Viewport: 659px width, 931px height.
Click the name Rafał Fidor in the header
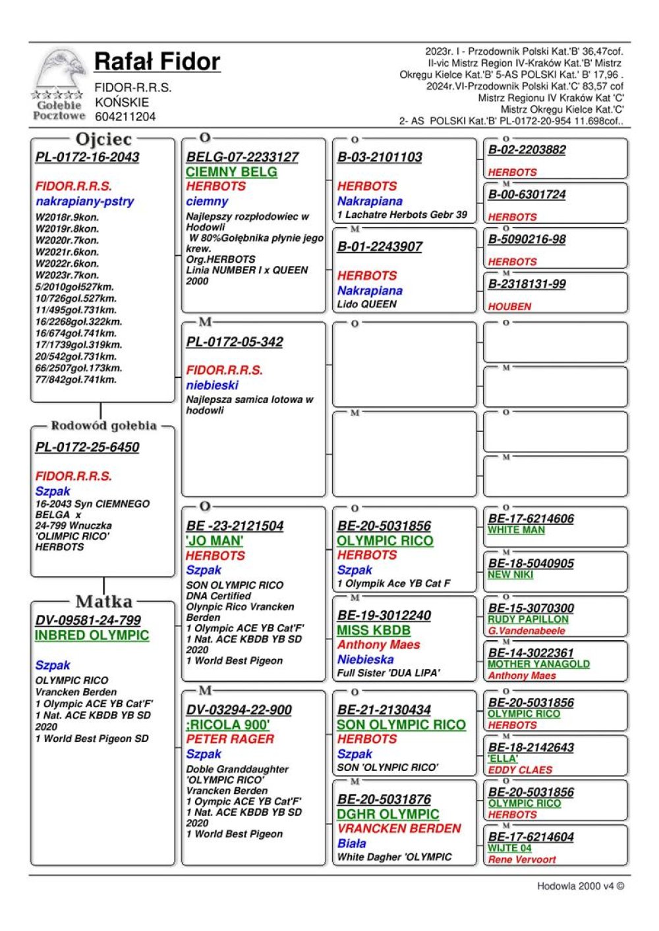pyautogui.click(x=157, y=62)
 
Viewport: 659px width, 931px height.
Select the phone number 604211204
pyautogui.click(x=125, y=117)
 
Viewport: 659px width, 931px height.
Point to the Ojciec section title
pyautogui.click(x=103, y=140)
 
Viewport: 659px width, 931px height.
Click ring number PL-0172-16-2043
pyautogui.click(x=87, y=157)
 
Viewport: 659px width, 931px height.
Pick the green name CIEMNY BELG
pyautogui.click(x=231, y=172)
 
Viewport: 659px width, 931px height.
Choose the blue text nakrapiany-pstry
pyautogui.click(x=84, y=201)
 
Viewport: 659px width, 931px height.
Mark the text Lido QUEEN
pyautogui.click(x=366, y=304)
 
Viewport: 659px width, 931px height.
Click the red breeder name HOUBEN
pyautogui.click(x=509, y=307)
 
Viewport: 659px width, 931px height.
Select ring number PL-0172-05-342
pyautogui.click(x=235, y=342)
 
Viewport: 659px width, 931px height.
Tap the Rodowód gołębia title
pyautogui.click(x=103, y=426)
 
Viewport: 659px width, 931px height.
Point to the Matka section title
pyautogui.click(x=103, y=601)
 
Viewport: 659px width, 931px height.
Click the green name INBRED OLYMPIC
pyautogui.click(x=92, y=636)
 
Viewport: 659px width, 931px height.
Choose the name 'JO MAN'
pyautogui.click(x=214, y=541)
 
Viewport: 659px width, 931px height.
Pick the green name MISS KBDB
pyautogui.click(x=374, y=631)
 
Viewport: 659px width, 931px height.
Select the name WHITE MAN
pyautogui.click(x=516, y=530)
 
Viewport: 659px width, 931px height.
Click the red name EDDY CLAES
pyautogui.click(x=520, y=770)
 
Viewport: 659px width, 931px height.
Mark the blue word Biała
pyautogui.click(x=351, y=843)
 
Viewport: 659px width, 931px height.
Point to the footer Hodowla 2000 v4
pyautogui.click(x=580, y=886)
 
